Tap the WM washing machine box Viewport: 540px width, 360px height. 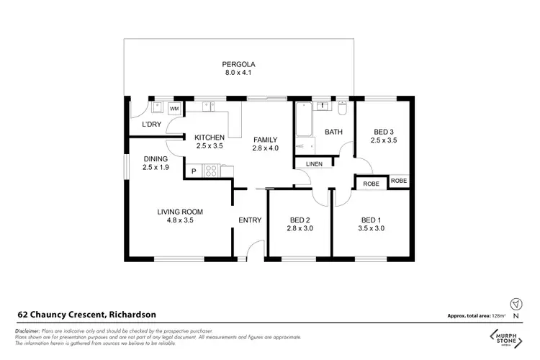pyautogui.click(x=174, y=109)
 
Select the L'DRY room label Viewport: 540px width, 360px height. pyautogui.click(x=151, y=125)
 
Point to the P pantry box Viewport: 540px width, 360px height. pyautogui.click(x=193, y=171)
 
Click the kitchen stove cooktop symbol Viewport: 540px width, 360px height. pyautogui.click(x=212, y=171)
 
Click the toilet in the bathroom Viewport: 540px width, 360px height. pyautogui.click(x=342, y=109)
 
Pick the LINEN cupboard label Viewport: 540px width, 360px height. pyautogui.click(x=314, y=164)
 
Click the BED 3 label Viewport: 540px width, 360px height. pyautogui.click(x=384, y=131)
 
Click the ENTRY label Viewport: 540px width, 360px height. pyautogui.click(x=250, y=220)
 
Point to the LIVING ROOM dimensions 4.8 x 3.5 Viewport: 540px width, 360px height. pyautogui.click(x=181, y=220)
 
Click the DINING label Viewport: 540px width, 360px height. pyautogui.click(x=156, y=159)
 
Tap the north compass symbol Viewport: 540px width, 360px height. pyautogui.click(x=514, y=304)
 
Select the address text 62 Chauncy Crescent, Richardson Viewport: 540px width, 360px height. pyautogui.click(x=86, y=314)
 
